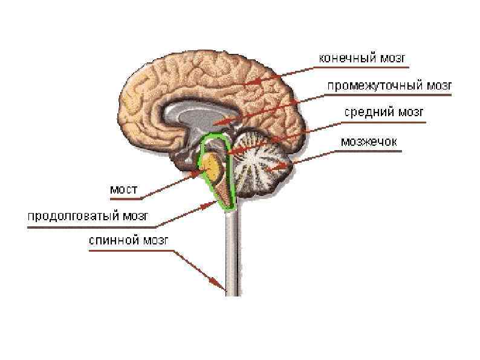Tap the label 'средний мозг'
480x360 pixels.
coord(385,113)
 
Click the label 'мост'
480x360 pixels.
coord(124,189)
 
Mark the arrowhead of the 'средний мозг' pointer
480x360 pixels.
coord(232,153)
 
